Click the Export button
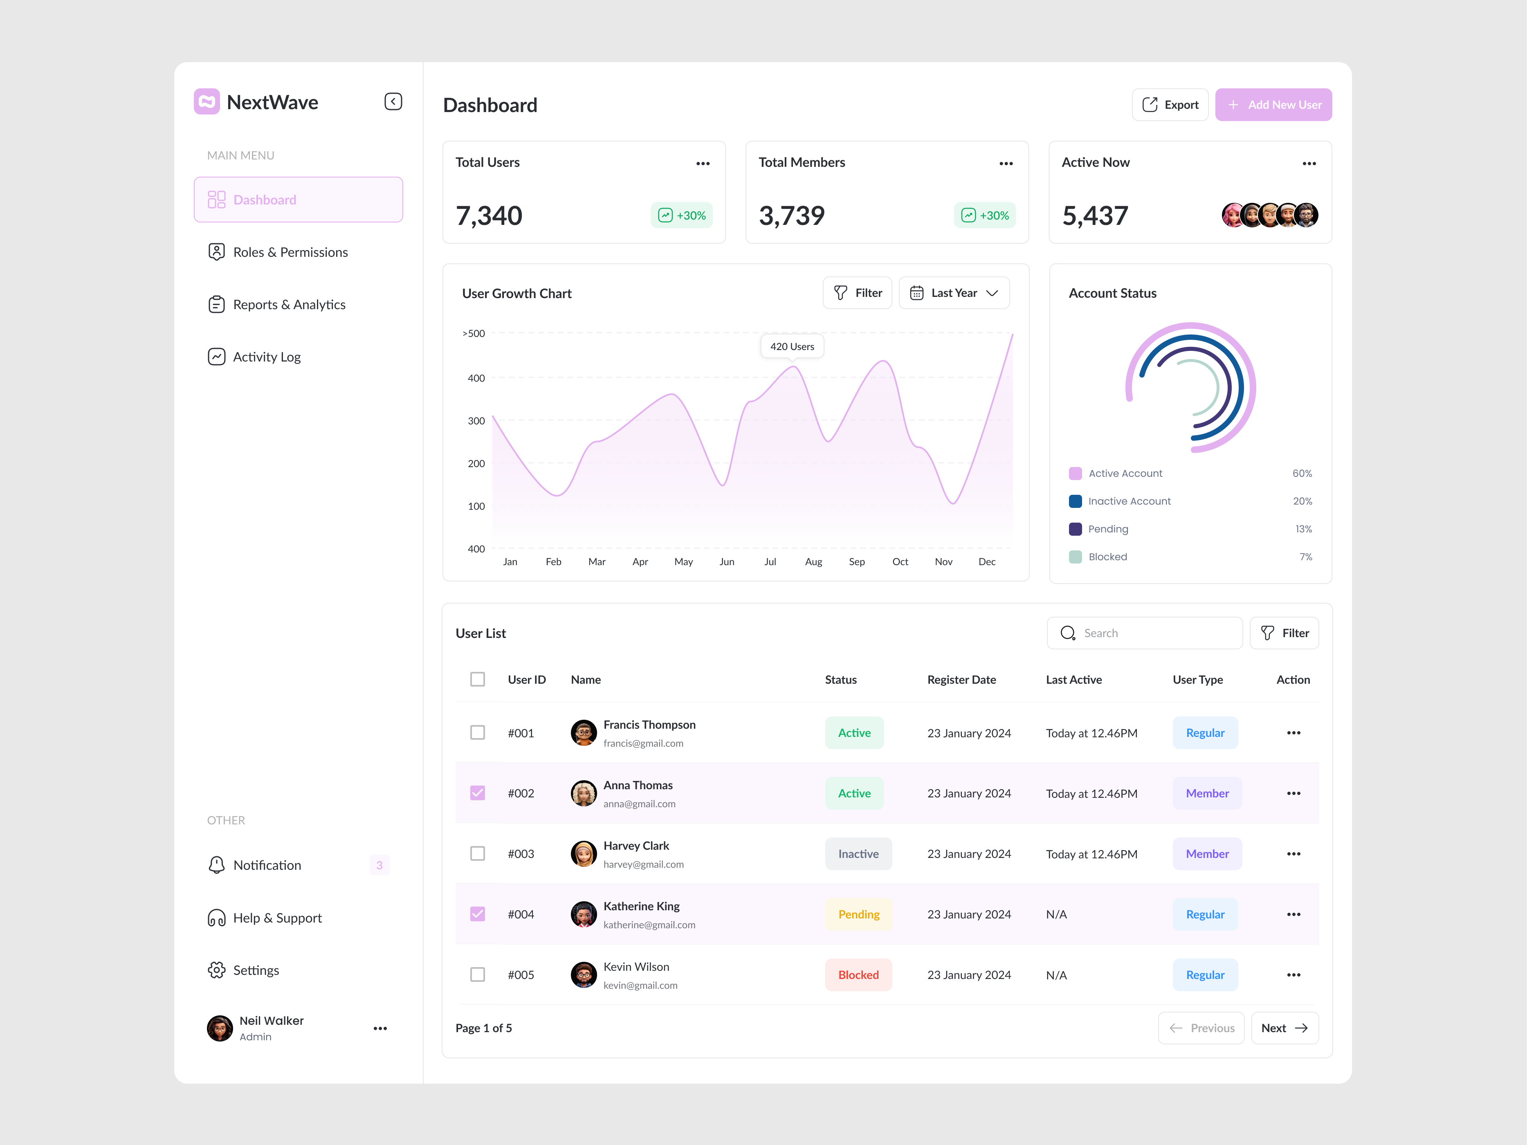tap(1170, 105)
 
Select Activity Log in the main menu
tap(267, 357)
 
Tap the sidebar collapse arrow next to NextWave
tap(393, 102)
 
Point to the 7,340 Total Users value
tap(489, 216)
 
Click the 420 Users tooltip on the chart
tap(792, 346)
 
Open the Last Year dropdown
tap(953, 293)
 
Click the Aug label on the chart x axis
tap(813, 562)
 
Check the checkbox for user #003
tap(477, 854)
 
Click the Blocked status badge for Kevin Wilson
tap(858, 974)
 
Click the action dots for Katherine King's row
tap(1293, 914)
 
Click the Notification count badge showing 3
tap(379, 865)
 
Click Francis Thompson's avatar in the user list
tap(583, 733)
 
